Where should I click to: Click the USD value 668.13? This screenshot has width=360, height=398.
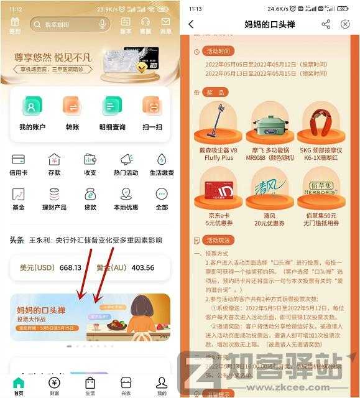point(70,268)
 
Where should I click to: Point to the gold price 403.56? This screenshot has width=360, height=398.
point(143,268)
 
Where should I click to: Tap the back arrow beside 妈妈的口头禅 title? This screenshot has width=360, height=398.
point(191,24)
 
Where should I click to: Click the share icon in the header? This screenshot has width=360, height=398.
point(326,24)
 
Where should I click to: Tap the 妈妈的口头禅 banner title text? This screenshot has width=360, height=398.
point(42,310)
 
